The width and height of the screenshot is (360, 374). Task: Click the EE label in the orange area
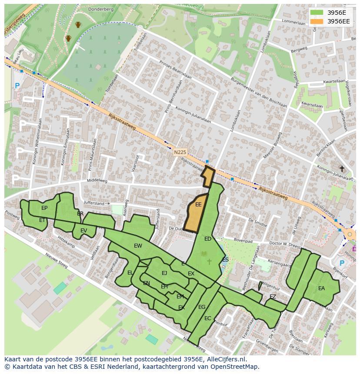click(198, 205)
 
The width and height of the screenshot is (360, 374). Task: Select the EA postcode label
click(321, 288)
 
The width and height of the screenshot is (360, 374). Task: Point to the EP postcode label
click(44, 208)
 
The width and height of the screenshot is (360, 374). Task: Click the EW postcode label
click(138, 246)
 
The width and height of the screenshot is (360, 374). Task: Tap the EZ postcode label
click(273, 297)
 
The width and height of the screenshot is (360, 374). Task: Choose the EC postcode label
click(207, 318)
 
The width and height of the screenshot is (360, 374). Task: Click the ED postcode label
click(208, 239)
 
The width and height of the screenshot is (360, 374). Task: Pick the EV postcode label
click(83, 231)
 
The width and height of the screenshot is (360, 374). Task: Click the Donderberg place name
click(100, 9)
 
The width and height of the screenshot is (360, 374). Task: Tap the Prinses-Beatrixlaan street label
click(176, 69)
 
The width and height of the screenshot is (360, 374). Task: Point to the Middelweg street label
click(97, 180)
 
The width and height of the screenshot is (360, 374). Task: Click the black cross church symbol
click(342, 169)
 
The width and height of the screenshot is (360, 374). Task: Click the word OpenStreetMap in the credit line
click(235, 367)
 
